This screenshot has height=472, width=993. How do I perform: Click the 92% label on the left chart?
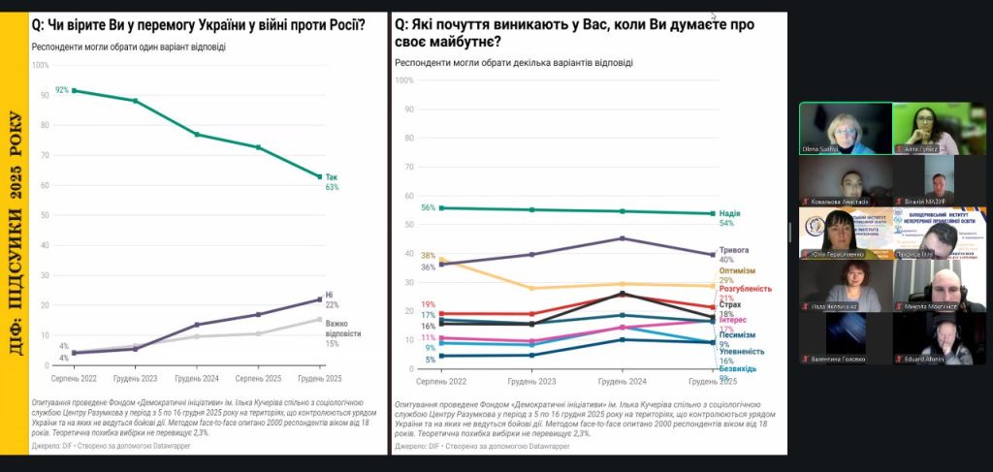tap(61, 90)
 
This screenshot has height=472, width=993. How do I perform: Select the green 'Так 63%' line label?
tap(332, 182)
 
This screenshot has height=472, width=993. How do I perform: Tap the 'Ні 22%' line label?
tap(331, 299)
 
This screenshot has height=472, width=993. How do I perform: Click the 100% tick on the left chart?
tap(40, 65)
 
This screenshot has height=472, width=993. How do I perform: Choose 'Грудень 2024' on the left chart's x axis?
tap(197, 379)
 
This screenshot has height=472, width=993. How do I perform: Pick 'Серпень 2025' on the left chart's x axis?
tap(259, 379)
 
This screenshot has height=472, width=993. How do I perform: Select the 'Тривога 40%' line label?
tap(733, 254)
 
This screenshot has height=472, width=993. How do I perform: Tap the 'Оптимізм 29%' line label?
tap(737, 275)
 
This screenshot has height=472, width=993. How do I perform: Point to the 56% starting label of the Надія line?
tap(428, 208)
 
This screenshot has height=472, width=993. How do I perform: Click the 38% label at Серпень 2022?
tap(428, 256)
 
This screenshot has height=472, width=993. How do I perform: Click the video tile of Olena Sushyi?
tap(844, 129)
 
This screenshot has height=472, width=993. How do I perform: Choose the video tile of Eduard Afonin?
tap(940, 338)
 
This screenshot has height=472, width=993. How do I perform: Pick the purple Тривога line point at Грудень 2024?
tap(622, 238)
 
